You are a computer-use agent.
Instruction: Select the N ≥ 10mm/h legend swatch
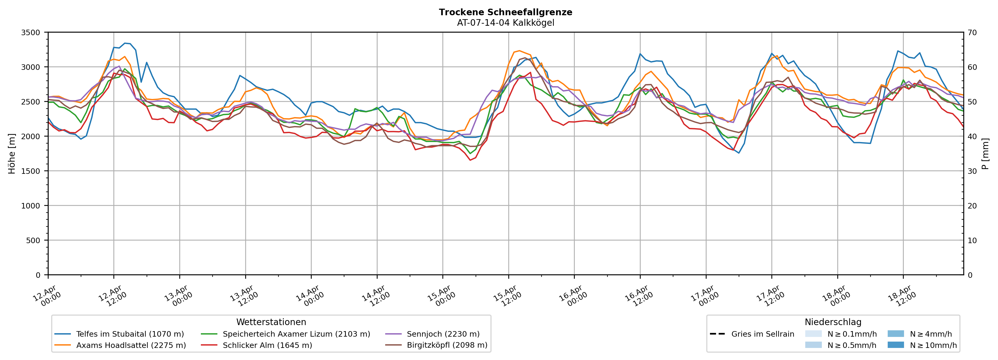click(x=895, y=345)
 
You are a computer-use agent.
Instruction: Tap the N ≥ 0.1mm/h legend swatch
click(x=813, y=334)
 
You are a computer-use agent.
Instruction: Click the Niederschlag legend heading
click(x=833, y=322)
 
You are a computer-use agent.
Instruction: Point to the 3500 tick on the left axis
click(x=31, y=33)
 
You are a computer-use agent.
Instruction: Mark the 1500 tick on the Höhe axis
click(x=31, y=171)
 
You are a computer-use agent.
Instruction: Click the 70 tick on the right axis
click(x=973, y=33)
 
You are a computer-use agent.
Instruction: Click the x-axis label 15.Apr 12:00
click(x=507, y=296)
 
